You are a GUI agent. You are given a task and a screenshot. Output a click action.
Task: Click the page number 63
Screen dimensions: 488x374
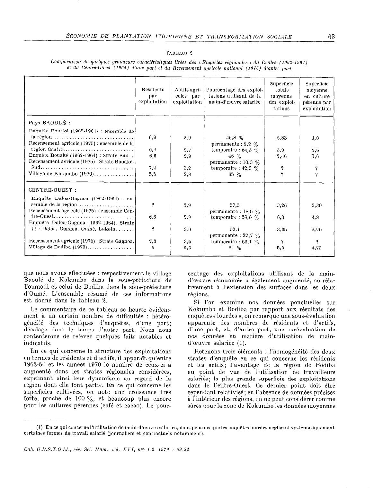pos(331,37)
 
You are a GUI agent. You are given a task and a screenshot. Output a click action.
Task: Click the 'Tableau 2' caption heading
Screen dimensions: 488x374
pos(179,53)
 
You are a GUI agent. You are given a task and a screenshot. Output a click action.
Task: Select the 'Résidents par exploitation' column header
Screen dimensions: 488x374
pos(153,96)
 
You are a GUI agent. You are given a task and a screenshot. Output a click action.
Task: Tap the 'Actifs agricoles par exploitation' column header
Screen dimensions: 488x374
pos(187,96)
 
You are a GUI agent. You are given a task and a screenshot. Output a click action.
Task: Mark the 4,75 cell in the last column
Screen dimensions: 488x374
pos(316,248)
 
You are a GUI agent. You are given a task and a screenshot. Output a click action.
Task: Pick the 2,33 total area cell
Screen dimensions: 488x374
pos(281,138)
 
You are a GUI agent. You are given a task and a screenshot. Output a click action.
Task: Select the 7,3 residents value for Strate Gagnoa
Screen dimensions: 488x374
pos(153,241)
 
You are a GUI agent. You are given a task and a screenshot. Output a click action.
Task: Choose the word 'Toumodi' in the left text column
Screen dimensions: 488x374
pos(36,287)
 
